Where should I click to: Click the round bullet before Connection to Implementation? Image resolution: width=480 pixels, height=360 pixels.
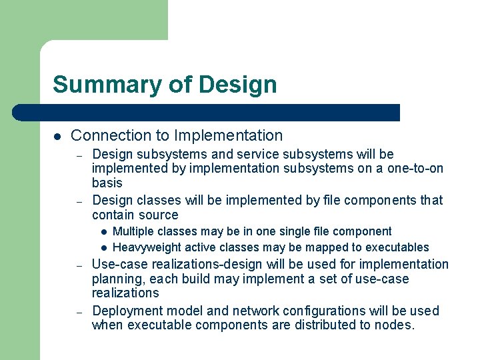(x=57, y=136)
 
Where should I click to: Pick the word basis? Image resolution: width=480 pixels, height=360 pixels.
(x=107, y=183)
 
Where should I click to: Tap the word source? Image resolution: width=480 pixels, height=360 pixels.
(x=159, y=215)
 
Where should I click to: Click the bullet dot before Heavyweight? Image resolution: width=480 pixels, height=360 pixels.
(x=104, y=248)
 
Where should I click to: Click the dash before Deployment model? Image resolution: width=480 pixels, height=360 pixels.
(x=78, y=311)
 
